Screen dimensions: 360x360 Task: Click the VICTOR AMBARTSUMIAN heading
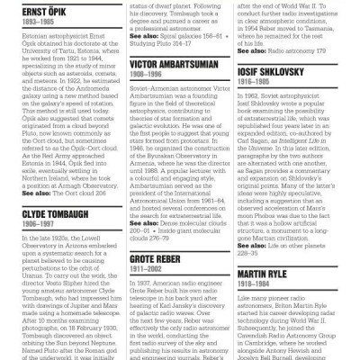pyautogui.click(x=176, y=66)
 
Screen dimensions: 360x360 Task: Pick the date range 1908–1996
pyautogui.click(x=148, y=76)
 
